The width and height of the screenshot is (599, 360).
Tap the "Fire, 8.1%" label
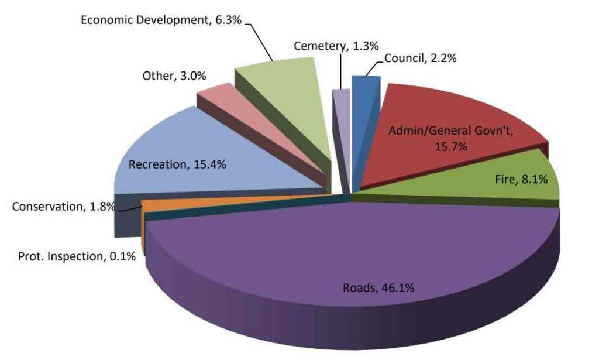pyautogui.click(x=518, y=180)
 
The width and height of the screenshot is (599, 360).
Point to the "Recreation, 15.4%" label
pyautogui.click(x=177, y=164)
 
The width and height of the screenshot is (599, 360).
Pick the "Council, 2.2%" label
pyautogui.click(x=420, y=58)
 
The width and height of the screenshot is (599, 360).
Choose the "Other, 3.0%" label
pyautogui.click(x=174, y=76)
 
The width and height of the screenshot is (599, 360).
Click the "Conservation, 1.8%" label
pyautogui.click(x=63, y=207)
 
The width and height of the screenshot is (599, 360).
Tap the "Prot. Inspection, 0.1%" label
pyautogui.click(x=77, y=256)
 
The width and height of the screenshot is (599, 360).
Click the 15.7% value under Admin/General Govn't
pyautogui.click(x=450, y=146)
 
